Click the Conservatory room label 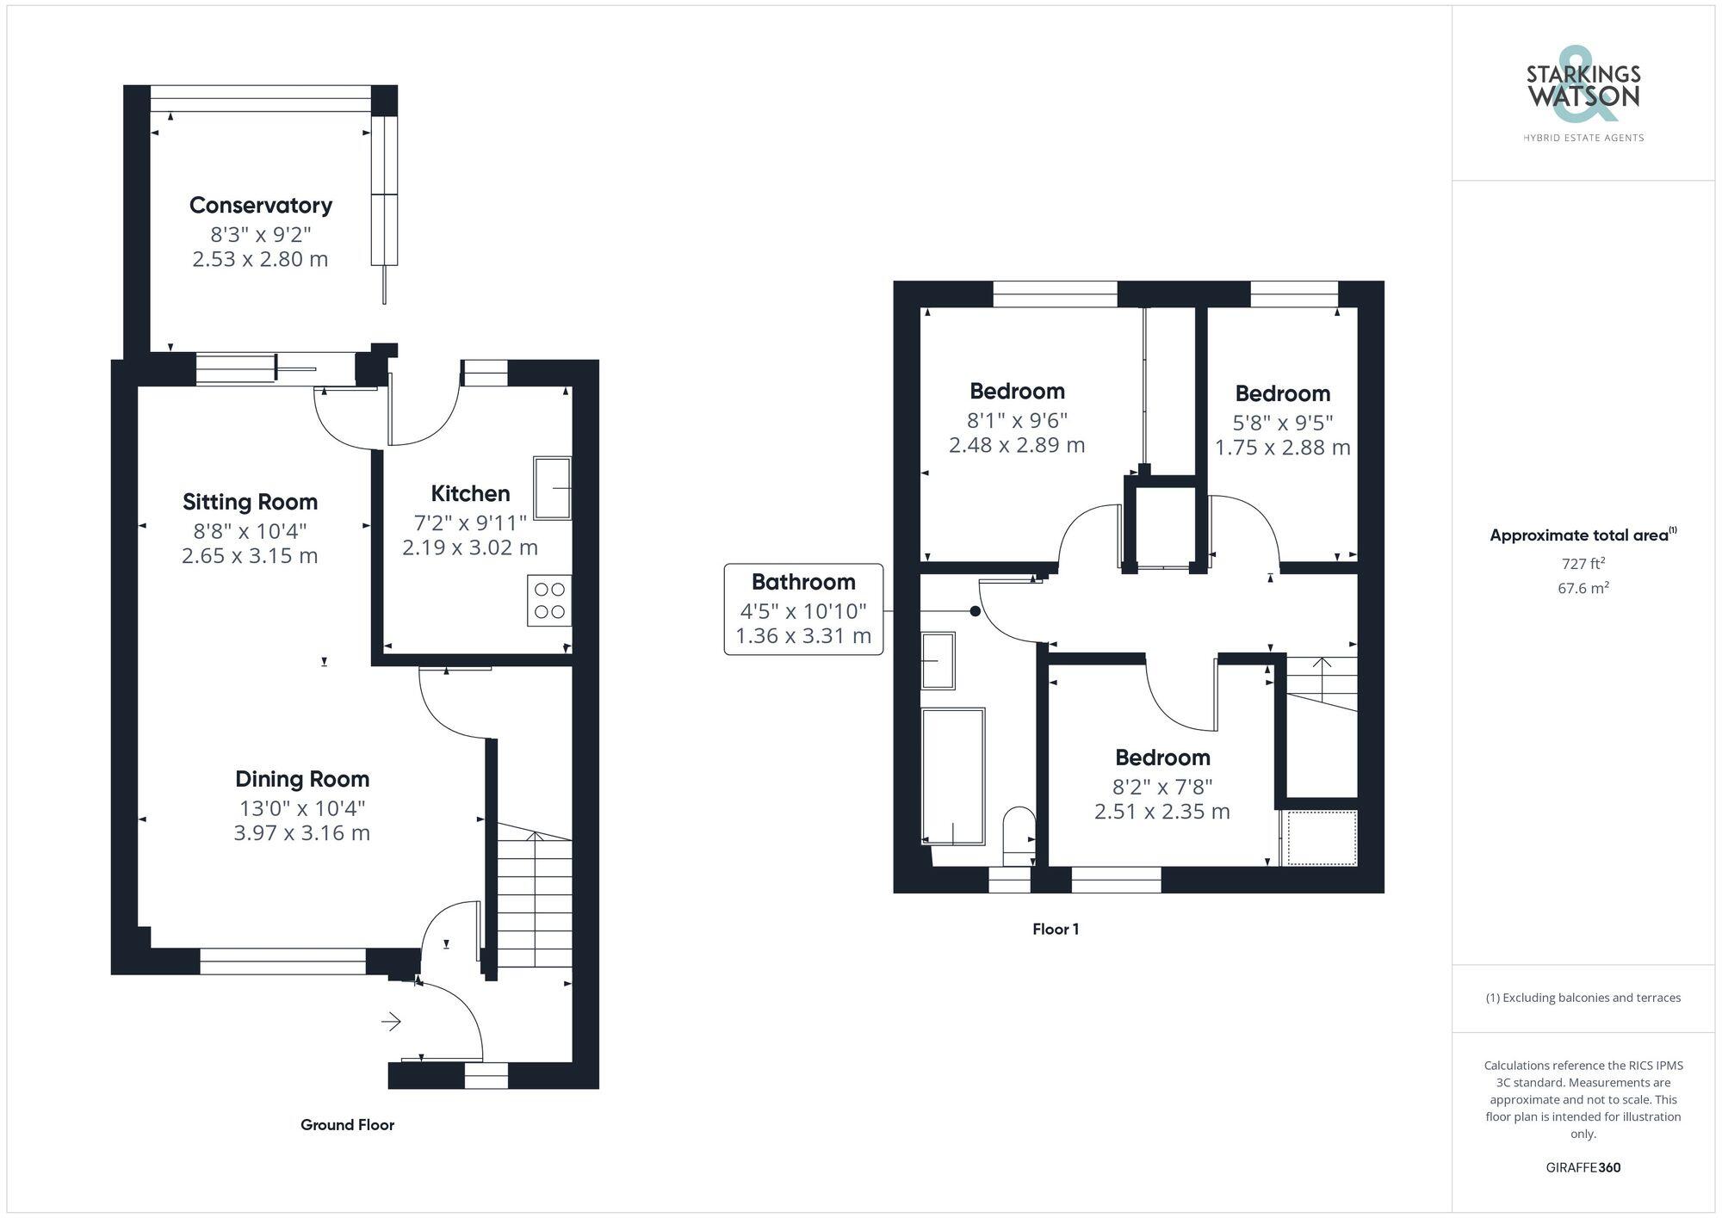[x=260, y=206]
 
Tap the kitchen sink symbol [x=552, y=488]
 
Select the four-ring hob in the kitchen [x=549, y=601]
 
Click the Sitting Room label [x=250, y=502]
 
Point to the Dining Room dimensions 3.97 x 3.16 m [x=301, y=833]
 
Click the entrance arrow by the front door [x=391, y=1022]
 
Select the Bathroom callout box [x=802, y=609]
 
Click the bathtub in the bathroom [x=953, y=776]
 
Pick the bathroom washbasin [x=938, y=660]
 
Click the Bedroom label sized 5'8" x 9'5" [x=1282, y=394]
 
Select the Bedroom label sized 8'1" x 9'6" [x=1017, y=392]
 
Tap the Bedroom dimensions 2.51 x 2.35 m [x=1161, y=812]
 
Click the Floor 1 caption [x=1055, y=930]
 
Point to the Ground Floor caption [x=347, y=1125]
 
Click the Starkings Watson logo [x=1583, y=96]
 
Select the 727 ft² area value [x=1583, y=564]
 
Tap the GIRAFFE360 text [x=1583, y=1168]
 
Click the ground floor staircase [x=535, y=895]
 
